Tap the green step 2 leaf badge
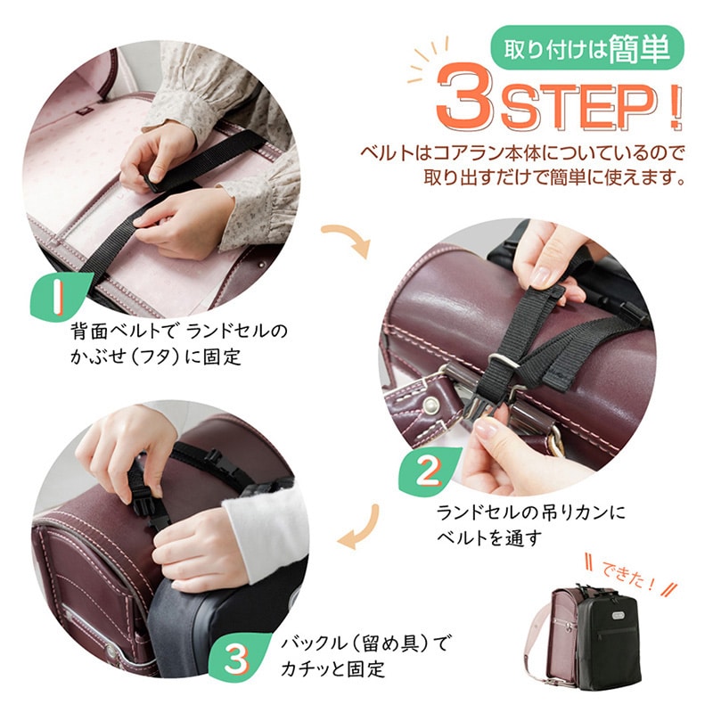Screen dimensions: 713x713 pos(428,471)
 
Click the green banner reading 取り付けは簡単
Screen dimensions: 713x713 pos(587,48)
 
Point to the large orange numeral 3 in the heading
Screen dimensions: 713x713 pos(465,97)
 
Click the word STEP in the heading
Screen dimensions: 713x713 pos(577,106)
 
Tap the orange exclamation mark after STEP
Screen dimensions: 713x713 pos(674,108)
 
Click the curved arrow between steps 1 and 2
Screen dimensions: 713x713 pos(348,237)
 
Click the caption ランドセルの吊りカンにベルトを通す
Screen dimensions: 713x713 pos(530,525)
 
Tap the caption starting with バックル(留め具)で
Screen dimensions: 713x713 pos(364,656)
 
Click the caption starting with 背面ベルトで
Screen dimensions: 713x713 pos(179,344)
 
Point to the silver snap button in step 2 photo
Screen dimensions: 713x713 pos(430,406)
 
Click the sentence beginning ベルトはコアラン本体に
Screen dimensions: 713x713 pos(523,166)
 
